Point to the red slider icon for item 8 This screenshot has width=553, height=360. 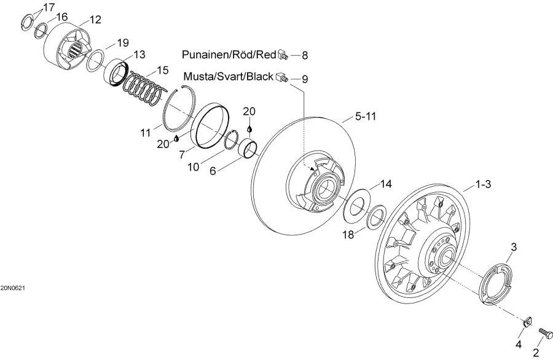[283, 54]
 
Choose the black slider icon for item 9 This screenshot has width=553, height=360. [283, 78]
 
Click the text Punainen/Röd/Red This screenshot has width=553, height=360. [229, 55]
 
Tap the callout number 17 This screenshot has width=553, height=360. [48, 7]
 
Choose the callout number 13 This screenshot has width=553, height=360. [139, 55]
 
